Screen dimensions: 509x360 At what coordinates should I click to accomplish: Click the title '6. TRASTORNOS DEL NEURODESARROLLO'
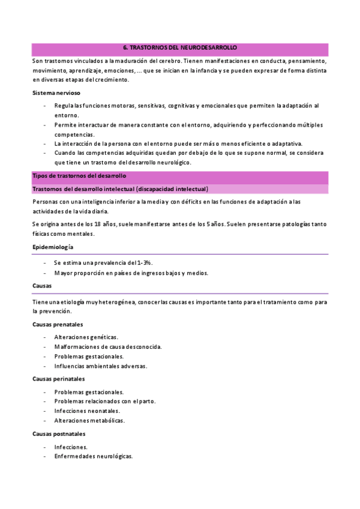coord(179,47)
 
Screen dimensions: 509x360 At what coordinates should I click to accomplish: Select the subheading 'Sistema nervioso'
coord(56,93)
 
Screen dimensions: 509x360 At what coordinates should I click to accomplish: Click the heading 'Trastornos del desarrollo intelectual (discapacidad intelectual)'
coord(120,189)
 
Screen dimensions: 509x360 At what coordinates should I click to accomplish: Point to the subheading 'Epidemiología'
coord(53,247)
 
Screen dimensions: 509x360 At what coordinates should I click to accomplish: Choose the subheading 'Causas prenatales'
coord(58,325)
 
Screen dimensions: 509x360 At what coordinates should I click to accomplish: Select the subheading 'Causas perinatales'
coord(59,379)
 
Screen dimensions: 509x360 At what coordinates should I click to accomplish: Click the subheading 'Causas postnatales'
coord(59,433)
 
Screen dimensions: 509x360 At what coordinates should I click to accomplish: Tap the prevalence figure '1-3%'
coord(144,263)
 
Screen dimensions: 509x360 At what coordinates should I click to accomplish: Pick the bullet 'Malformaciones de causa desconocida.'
coord(107,347)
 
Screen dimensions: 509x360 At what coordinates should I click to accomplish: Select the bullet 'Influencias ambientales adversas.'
coord(100,366)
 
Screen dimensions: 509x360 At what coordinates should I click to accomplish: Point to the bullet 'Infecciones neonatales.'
coord(86,411)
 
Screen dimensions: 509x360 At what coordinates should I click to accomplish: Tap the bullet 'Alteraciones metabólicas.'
coord(89,420)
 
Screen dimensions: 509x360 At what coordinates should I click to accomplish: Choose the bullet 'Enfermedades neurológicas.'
coord(93,456)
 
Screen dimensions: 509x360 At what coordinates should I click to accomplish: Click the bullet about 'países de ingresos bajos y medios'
coord(131,273)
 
